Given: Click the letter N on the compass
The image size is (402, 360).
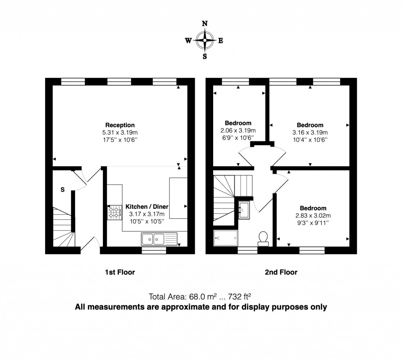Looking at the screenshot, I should (205, 24).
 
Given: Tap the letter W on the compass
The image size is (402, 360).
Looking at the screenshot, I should (188, 40).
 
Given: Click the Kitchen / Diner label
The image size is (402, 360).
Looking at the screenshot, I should (147, 207).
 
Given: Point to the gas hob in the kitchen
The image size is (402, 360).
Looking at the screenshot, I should (114, 212).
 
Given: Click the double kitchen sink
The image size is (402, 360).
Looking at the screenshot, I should (153, 238).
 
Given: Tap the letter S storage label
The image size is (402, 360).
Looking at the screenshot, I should (62, 190).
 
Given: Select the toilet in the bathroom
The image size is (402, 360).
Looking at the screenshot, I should (263, 238).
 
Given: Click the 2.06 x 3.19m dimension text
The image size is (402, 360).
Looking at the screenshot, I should (238, 131).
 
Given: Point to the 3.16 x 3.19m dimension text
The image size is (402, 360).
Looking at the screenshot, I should (310, 132).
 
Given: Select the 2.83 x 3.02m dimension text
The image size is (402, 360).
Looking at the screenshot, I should (313, 215).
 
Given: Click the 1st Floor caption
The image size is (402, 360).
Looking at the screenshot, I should (120, 272).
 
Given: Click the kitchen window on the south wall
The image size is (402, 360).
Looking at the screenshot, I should (153, 250).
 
